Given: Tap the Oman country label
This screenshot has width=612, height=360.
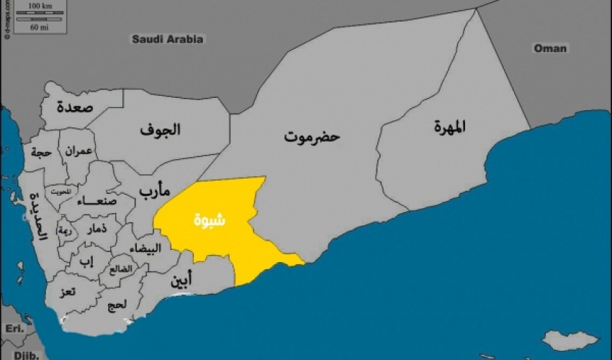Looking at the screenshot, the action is pos(550,48).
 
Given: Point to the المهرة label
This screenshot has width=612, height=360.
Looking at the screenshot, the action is pos(450,127).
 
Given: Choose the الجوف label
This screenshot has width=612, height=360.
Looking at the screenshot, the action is pos(160,130).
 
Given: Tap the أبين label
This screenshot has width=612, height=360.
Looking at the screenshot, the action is pos(181,282).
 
